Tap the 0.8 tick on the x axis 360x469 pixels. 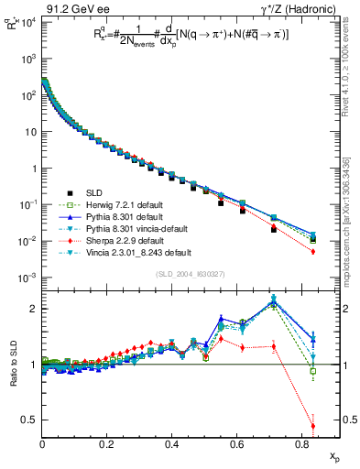[302, 444]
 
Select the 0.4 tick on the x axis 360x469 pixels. [172, 444]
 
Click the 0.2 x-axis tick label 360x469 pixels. [107, 444]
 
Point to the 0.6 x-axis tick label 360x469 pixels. [237, 444]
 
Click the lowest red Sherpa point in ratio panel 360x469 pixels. [313, 426]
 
